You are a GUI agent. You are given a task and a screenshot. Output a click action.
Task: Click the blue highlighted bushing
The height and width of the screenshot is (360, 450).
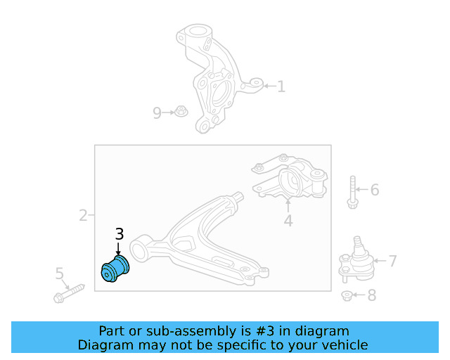click(x=115, y=269)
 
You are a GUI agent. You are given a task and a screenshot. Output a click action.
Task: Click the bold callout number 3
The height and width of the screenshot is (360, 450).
click(x=120, y=234)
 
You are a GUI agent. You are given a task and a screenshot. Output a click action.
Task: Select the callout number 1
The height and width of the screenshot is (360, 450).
click(x=281, y=86)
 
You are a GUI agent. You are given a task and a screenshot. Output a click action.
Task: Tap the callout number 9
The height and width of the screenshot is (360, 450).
click(x=157, y=112)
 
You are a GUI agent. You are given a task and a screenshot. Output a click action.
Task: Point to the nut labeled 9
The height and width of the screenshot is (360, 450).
click(x=181, y=111)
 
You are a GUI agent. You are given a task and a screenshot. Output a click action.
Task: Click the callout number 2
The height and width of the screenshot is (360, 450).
click(x=83, y=215)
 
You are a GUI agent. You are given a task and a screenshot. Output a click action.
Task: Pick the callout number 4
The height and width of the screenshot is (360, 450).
click(x=288, y=221)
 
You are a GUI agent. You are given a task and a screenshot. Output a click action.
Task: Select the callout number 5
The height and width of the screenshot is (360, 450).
click(x=59, y=274)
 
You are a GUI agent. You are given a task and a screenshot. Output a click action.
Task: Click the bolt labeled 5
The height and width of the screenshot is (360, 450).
click(x=69, y=294)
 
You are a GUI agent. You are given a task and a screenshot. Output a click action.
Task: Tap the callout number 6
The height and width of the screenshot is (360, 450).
click(x=375, y=190)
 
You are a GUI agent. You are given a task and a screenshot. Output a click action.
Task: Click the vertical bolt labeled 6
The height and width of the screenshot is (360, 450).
click(x=353, y=192)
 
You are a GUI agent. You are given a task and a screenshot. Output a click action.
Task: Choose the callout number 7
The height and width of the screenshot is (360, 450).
click(x=393, y=261)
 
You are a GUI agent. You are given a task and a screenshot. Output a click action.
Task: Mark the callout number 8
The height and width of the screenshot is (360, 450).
click(x=372, y=295)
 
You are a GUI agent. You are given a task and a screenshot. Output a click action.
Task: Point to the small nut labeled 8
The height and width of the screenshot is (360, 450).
click(x=347, y=296)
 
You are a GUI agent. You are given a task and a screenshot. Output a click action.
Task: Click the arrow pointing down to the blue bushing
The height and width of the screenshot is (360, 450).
click(x=118, y=249)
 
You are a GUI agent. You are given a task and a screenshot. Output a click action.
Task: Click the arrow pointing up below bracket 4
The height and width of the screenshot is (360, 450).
click(x=288, y=205)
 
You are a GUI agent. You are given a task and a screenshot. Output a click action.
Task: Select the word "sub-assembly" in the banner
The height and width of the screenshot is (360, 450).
click(x=191, y=331)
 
